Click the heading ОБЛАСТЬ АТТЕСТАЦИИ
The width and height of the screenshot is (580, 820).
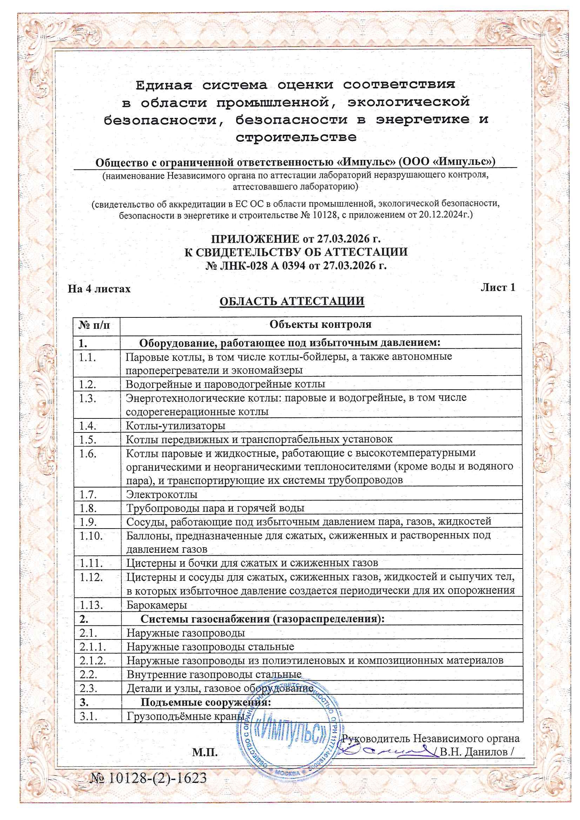pos(292,301)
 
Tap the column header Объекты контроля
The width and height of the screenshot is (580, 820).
pos(320,324)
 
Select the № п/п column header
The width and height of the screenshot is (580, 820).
pos(94,325)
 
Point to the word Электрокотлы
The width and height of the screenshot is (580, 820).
pos(161,495)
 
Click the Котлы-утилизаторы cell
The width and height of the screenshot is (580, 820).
pos(175,426)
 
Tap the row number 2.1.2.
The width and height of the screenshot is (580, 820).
pos(93,660)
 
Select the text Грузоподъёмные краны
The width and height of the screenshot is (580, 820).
pos(186,716)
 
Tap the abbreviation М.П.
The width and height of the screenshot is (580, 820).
pos(205,753)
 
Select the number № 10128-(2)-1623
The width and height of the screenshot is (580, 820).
pos(149,778)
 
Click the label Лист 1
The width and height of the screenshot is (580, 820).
pos(498,288)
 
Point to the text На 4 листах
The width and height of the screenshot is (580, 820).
pos(99,289)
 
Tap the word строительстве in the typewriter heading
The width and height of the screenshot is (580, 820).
pos(296,137)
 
